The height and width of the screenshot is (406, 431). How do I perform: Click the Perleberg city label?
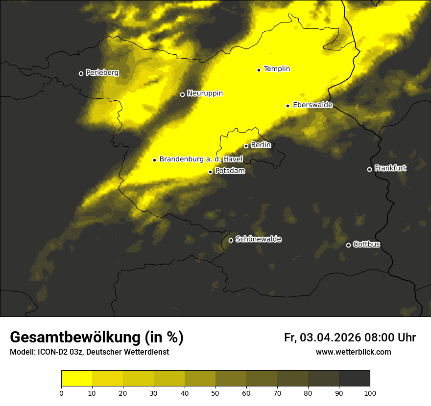click(x=102, y=73)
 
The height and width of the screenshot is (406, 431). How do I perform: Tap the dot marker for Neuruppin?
click(x=182, y=94)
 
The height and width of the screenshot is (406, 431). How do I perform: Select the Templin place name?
click(x=277, y=69)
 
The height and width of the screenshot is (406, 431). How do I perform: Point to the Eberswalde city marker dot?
click(x=288, y=106)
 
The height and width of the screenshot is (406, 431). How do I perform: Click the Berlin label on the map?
click(x=261, y=145)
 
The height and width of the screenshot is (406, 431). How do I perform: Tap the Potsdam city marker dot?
click(x=211, y=172)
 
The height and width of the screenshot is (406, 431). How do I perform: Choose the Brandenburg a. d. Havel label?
click(x=201, y=159)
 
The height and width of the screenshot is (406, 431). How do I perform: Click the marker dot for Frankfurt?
click(x=369, y=169)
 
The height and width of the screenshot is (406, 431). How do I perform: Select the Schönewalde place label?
click(x=258, y=239)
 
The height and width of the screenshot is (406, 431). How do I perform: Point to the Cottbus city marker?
click(x=348, y=245)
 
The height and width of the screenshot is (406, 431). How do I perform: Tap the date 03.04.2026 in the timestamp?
click(x=330, y=338)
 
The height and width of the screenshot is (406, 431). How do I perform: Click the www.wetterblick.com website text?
click(x=353, y=352)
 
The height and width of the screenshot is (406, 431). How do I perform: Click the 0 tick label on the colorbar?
click(x=61, y=393)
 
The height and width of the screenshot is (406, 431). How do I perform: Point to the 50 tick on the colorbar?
click(x=215, y=393)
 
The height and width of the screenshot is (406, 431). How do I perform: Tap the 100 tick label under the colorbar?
click(x=370, y=393)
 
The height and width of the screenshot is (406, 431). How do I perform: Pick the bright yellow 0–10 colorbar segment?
click(x=76, y=379)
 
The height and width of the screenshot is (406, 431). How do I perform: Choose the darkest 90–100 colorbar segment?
click(x=354, y=379)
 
